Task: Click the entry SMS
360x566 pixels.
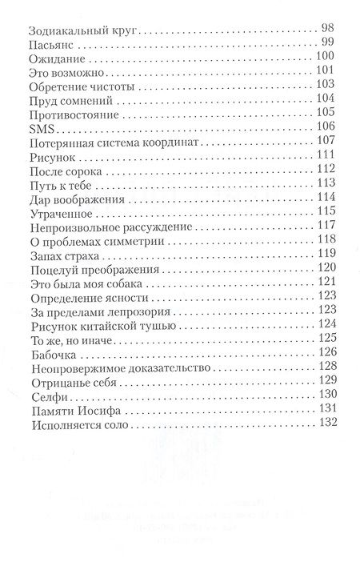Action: coord(40,128)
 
